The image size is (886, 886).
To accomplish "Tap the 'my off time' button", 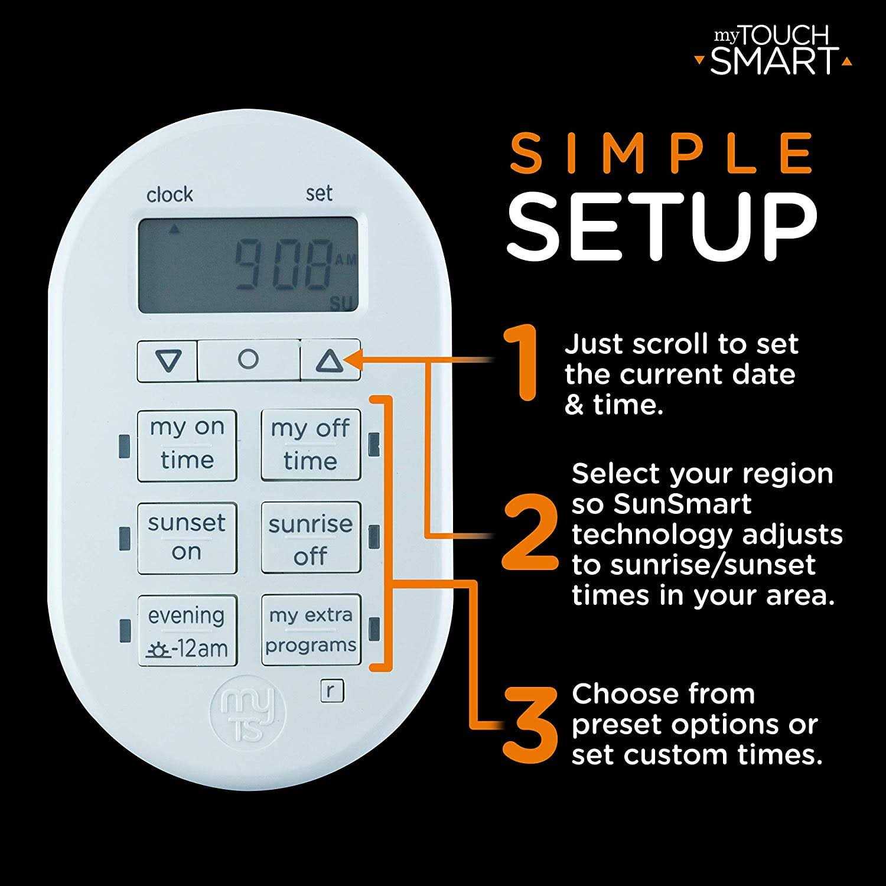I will tap(311, 445).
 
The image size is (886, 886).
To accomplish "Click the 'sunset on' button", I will tap(187, 538).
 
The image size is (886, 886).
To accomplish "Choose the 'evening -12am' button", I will tap(187, 631).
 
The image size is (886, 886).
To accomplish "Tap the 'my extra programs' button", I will tap(311, 630).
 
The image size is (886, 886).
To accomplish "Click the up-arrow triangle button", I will tap(330, 360).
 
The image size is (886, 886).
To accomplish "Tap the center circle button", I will tap(248, 359).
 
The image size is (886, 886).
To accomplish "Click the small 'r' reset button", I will tap(332, 690).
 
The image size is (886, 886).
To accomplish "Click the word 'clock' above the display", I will tap(170, 194).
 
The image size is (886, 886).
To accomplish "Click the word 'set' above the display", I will tap(319, 193).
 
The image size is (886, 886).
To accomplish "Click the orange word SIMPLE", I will tap(662, 154).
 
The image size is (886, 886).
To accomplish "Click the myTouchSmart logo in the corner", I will tap(774, 52).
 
